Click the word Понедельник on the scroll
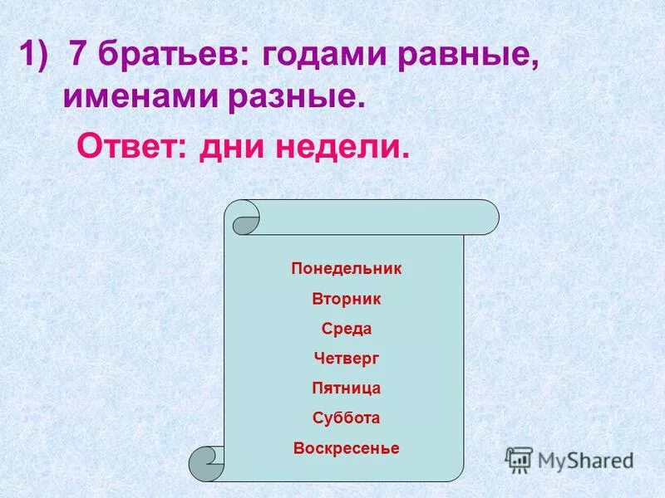(x=347, y=269)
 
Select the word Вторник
(x=347, y=299)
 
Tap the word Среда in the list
(x=347, y=329)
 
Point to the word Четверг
(x=347, y=359)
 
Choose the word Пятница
(x=347, y=388)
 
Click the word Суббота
(x=347, y=418)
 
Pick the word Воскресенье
(x=347, y=448)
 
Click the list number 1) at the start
(x=37, y=57)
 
